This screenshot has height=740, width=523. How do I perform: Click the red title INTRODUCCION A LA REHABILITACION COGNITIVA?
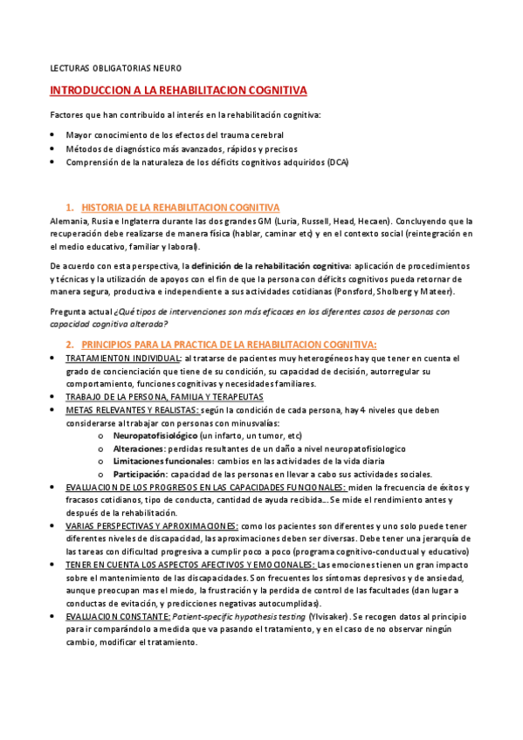click(x=178, y=90)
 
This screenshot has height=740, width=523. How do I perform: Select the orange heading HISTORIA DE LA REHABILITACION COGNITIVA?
click(x=180, y=208)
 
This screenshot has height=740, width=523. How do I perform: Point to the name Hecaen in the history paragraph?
click(x=372, y=221)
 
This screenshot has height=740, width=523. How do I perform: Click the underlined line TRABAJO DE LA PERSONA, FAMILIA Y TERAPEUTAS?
click(x=164, y=396)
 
